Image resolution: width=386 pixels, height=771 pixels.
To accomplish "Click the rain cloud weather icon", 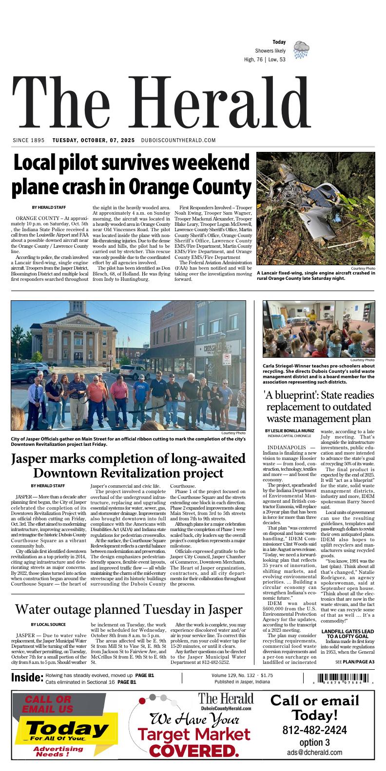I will point(301,50).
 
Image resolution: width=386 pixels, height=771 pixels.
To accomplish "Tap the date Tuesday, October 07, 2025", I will point(94,140).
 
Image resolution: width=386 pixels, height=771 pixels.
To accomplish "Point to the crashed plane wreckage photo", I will point(316,209).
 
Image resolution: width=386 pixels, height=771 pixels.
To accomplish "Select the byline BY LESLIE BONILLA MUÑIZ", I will point(290,431).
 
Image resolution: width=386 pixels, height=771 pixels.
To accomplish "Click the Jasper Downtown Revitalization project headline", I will point(128,466).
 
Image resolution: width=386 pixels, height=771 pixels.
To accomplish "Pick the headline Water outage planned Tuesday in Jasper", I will point(129,609).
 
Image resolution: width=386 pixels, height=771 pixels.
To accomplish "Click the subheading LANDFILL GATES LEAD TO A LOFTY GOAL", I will point(347,634).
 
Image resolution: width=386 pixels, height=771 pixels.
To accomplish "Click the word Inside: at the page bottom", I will point(27,678).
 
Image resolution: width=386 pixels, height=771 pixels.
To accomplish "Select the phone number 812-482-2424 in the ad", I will point(314,731).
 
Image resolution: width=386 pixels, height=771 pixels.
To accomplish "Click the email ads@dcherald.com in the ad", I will point(314,753).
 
